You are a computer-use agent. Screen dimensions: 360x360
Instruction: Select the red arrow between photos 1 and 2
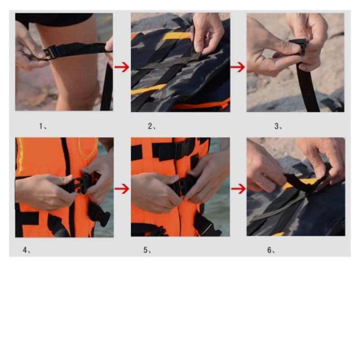click(x=122, y=67)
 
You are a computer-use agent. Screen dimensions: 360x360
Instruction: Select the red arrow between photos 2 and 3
click(x=237, y=67)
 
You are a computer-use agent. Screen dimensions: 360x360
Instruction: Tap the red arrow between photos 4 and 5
click(x=122, y=189)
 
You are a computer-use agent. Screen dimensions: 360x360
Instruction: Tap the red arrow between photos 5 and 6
click(x=238, y=189)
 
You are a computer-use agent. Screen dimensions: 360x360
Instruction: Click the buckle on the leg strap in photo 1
click(x=50, y=52)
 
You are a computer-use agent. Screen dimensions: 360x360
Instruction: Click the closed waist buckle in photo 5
click(x=184, y=185)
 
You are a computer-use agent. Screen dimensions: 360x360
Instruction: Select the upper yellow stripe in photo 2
click(x=177, y=36)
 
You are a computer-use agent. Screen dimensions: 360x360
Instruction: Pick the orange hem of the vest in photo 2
click(x=202, y=105)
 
